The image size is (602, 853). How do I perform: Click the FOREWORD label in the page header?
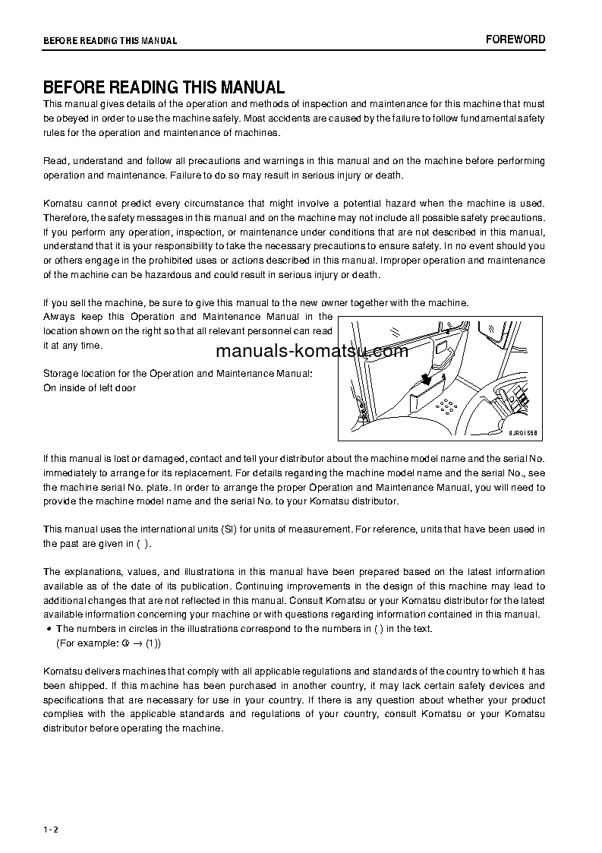coord(515,39)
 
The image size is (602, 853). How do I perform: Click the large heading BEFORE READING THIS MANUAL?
coord(163,87)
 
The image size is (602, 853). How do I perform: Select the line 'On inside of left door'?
coord(90,388)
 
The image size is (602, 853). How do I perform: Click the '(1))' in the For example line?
coord(153,643)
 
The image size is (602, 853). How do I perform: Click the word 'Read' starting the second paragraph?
coord(55,161)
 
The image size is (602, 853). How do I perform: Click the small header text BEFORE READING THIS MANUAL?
coord(110,41)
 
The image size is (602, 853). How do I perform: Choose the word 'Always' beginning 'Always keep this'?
coord(58,316)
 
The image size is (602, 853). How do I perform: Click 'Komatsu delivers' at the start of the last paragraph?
coord(78,671)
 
